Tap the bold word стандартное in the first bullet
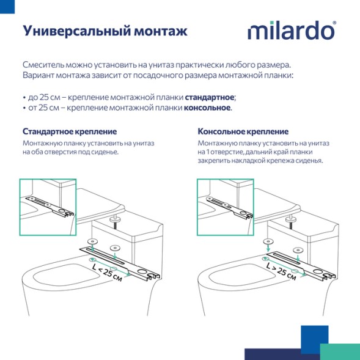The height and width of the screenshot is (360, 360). coord(210,97)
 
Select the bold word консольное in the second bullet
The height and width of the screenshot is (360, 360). coord(207,108)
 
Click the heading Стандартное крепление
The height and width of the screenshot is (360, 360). coord(70,131)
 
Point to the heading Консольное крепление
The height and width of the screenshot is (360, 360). coord(243,131)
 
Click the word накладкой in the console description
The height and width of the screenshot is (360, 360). coord(251,161)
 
